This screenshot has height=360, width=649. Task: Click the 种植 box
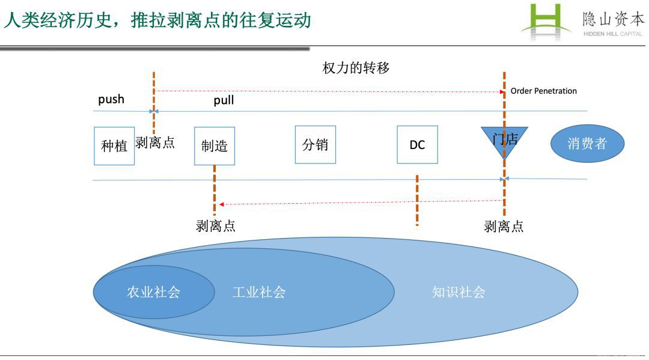pos(114,145)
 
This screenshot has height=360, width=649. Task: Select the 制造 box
pos(215,145)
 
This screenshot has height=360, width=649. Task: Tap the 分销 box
pos(315,144)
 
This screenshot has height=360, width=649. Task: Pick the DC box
pos(417,145)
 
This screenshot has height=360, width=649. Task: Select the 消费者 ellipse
pos(587,144)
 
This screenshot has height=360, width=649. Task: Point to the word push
pos(111,99)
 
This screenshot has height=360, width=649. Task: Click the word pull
pos(224,100)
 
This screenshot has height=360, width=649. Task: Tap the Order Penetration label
pos(543,91)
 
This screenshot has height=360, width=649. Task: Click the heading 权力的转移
pos(356,68)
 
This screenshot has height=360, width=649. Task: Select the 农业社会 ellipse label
pos(153,292)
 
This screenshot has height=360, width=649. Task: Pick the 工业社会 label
pos(259,292)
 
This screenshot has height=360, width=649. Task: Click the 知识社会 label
pos(459,292)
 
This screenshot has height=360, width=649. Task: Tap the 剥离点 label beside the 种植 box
pos(155,142)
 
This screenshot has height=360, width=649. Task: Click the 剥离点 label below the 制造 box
pos(215,226)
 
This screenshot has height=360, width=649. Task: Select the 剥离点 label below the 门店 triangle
pos(504,226)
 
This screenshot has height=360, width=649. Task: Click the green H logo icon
pos(546,22)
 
